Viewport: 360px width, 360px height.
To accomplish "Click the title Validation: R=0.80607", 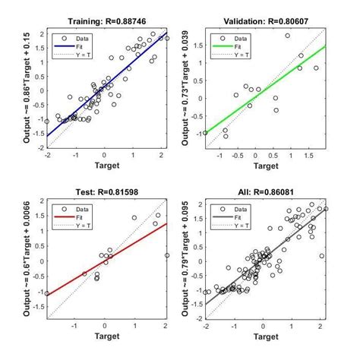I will click(x=266, y=21).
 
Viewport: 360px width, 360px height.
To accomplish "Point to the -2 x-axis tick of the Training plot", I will click(x=47, y=155).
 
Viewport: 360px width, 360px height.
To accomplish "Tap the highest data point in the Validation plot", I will click(x=287, y=36).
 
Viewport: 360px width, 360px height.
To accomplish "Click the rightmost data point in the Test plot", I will click(x=166, y=255).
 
